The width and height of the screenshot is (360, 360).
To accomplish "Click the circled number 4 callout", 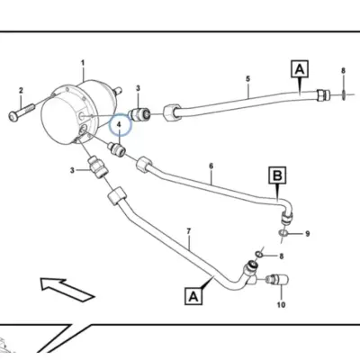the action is click(x=120, y=125).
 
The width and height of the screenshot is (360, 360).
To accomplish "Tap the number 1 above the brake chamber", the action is click(x=83, y=63).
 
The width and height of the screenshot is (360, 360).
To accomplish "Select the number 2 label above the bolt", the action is click(x=21, y=90).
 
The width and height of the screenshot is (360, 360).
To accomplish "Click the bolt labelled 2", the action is click(x=22, y=112).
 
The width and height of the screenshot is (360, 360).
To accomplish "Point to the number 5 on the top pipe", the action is click(x=247, y=79).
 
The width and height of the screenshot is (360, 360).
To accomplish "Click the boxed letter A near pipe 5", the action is click(x=300, y=69).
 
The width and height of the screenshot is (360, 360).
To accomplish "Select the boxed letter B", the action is click(x=277, y=175).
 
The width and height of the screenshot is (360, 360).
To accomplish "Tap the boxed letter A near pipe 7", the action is click(x=193, y=296).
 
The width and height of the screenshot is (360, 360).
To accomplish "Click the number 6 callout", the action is click(x=211, y=166).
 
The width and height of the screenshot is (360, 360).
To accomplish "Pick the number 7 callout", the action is click(x=189, y=231).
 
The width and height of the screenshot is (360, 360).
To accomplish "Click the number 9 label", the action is click(x=307, y=233).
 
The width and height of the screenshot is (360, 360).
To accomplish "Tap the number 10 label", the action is click(x=281, y=305).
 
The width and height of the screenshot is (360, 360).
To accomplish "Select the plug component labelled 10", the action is click(x=277, y=280).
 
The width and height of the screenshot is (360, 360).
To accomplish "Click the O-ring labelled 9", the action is click(x=283, y=232).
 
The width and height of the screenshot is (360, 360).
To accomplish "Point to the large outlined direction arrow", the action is click(x=67, y=289).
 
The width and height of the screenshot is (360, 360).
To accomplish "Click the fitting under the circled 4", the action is click(x=117, y=149).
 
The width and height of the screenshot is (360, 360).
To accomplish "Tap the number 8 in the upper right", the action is click(x=343, y=71).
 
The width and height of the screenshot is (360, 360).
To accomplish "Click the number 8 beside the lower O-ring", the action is click(x=281, y=256).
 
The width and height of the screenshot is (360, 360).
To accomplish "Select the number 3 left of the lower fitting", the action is click(x=72, y=170).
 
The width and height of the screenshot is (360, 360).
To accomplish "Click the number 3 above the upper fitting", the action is click(x=138, y=88).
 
